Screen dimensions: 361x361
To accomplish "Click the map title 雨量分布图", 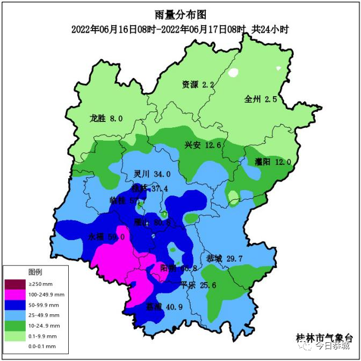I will (180, 15).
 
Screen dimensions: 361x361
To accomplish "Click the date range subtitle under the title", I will (180, 29).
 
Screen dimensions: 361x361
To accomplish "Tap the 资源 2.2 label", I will (198, 84).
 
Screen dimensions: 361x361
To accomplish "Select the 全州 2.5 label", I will (261, 99).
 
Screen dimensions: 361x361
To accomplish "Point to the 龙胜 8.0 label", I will (106, 118).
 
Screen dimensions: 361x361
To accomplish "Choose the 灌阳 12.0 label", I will (273, 162).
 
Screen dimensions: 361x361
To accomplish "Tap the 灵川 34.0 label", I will (152, 174).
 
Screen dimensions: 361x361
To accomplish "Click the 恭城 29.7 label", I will (225, 259).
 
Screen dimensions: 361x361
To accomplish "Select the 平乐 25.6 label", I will (198, 285).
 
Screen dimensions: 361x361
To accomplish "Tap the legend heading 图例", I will (35, 272).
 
